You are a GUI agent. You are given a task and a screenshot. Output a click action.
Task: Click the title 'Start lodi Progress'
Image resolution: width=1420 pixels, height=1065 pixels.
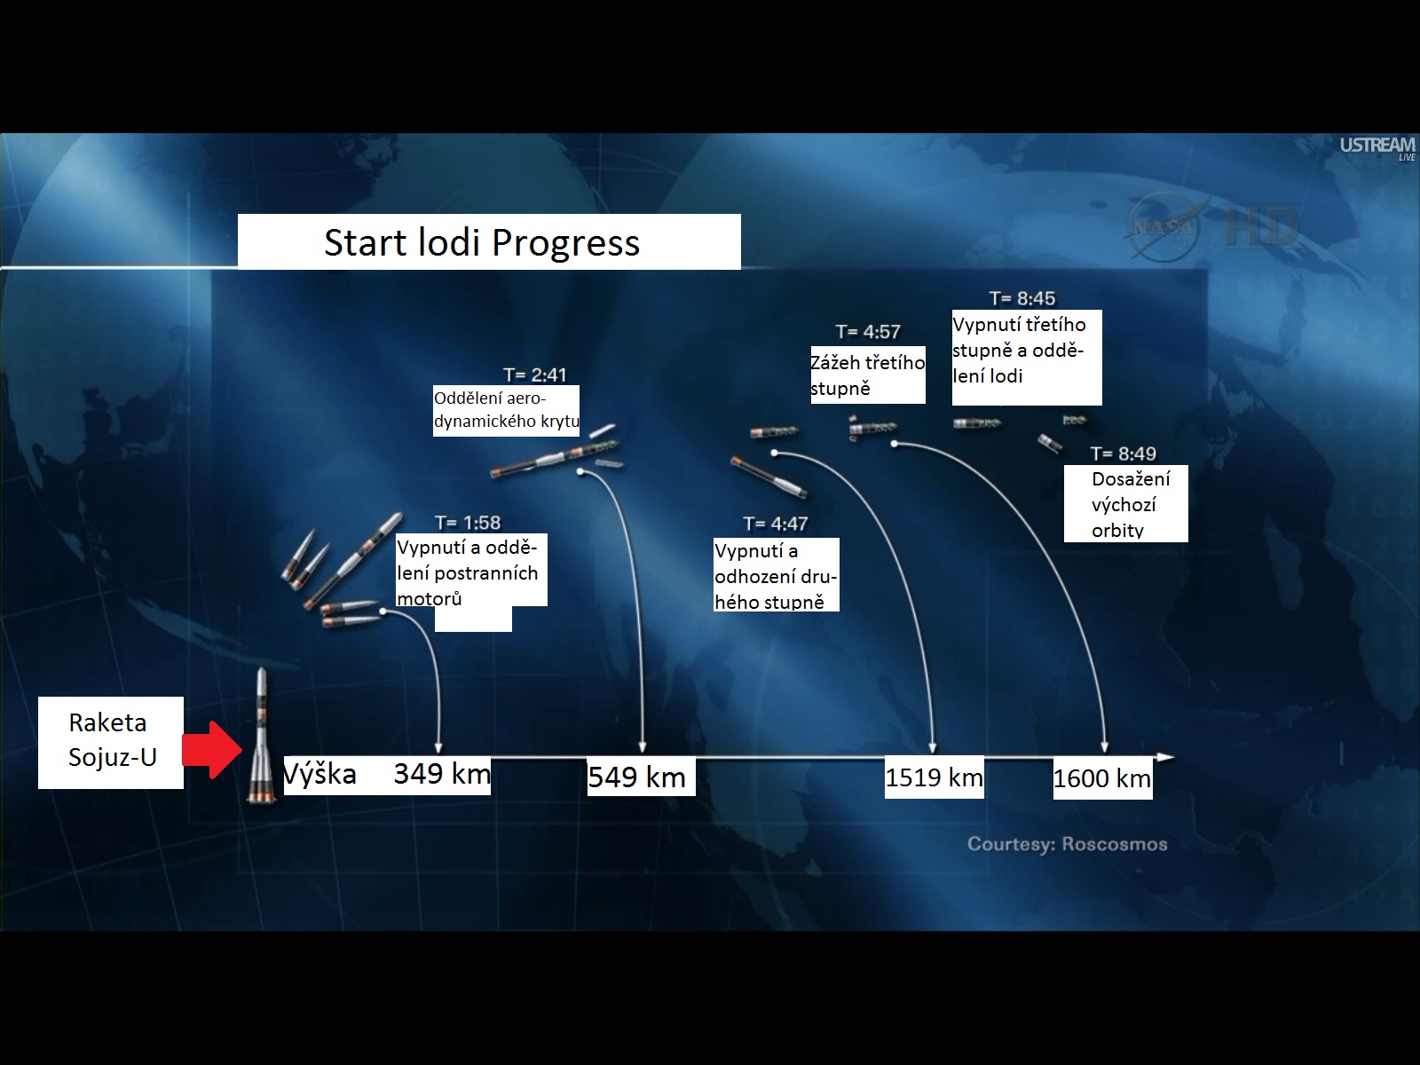[x=482, y=242]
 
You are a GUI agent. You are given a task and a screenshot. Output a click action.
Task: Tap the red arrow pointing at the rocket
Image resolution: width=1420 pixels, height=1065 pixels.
[x=212, y=750]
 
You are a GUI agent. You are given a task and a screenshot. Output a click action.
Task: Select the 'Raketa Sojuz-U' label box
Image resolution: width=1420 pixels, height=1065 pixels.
[x=111, y=742]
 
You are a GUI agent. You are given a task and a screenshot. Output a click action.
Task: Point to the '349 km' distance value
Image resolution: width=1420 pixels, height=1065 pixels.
[x=442, y=773]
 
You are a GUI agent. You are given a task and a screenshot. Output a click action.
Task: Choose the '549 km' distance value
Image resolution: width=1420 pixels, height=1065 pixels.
[x=636, y=777]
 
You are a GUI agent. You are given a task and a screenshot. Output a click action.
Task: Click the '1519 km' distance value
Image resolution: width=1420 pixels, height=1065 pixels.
[x=935, y=777]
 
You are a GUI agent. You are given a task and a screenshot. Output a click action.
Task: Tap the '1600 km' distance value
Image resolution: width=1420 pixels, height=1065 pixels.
[x=1102, y=778]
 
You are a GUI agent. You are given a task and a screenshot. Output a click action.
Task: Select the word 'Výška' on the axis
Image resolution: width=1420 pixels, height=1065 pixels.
[x=320, y=773]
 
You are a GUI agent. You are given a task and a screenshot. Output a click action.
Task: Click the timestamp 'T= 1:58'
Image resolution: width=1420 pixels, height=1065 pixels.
[x=468, y=523]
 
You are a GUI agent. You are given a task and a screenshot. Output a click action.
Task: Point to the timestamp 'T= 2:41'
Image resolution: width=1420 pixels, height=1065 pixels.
[x=535, y=375]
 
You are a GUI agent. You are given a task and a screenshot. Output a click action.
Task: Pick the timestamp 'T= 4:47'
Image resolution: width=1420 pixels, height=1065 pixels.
[x=776, y=524]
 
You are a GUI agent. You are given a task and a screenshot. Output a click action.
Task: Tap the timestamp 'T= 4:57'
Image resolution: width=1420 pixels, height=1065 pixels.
[x=868, y=332]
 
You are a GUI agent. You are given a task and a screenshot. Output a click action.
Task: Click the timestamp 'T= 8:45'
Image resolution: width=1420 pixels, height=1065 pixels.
[x=1022, y=298]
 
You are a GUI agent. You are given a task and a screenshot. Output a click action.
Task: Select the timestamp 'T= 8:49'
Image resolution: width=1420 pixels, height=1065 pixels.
[x=1123, y=454]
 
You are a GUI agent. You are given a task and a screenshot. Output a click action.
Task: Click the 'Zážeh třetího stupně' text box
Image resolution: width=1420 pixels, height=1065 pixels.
[x=868, y=375]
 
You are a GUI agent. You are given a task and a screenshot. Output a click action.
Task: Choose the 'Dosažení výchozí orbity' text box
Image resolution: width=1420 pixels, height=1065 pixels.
[x=1126, y=504]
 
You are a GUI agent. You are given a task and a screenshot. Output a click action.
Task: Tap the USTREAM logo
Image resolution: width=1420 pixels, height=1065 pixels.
[x=1377, y=146]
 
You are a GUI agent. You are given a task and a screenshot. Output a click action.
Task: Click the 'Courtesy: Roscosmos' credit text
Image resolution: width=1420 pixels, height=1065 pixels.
[x=1068, y=844]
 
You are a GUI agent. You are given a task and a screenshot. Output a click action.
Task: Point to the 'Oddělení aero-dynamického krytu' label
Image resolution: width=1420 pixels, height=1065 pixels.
[x=506, y=411]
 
